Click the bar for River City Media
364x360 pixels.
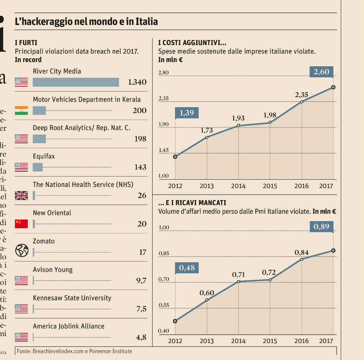coord(76,82)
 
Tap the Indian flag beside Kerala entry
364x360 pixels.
coord(21,111)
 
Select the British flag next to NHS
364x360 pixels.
coord(21,196)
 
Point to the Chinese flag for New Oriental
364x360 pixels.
coord(21,224)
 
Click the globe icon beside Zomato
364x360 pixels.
coord(21,250)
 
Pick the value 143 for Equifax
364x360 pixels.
coord(140,167)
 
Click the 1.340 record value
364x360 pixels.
coord(137,82)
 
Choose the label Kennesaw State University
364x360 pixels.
coord(72,298)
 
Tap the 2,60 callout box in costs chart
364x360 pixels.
coord(321,72)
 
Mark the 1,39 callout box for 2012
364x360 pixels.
coord(187,113)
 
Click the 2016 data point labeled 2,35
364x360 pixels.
coord(302,102)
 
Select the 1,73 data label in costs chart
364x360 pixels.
coord(207,131)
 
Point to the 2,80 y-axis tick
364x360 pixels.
coord(163,72)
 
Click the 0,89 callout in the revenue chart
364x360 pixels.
coord(321,226)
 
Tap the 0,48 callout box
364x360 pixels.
coord(187,268)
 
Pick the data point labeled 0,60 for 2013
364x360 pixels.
coord(207,300)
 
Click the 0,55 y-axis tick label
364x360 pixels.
coord(164,305)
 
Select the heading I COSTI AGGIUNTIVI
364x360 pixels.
coord(192,43)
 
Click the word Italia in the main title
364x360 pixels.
coord(146,22)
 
